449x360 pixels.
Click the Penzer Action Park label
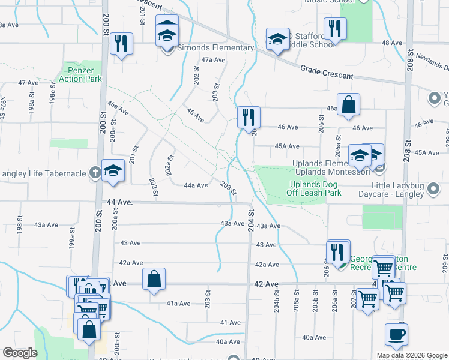[80, 74]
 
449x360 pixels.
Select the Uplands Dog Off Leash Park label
[315, 188]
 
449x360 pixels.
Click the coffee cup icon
[396, 334]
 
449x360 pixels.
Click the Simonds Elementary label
[215, 48]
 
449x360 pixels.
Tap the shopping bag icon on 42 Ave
[154, 278]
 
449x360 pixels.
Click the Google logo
[20, 353]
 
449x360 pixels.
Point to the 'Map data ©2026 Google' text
[412, 355]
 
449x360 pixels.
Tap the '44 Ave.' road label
[118, 203]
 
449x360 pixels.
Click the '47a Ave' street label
[212, 60]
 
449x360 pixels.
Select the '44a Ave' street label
[196, 185]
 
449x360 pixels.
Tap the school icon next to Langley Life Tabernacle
[113, 170]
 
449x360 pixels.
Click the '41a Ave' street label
[178, 304]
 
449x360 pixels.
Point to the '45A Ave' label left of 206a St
[287, 146]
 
